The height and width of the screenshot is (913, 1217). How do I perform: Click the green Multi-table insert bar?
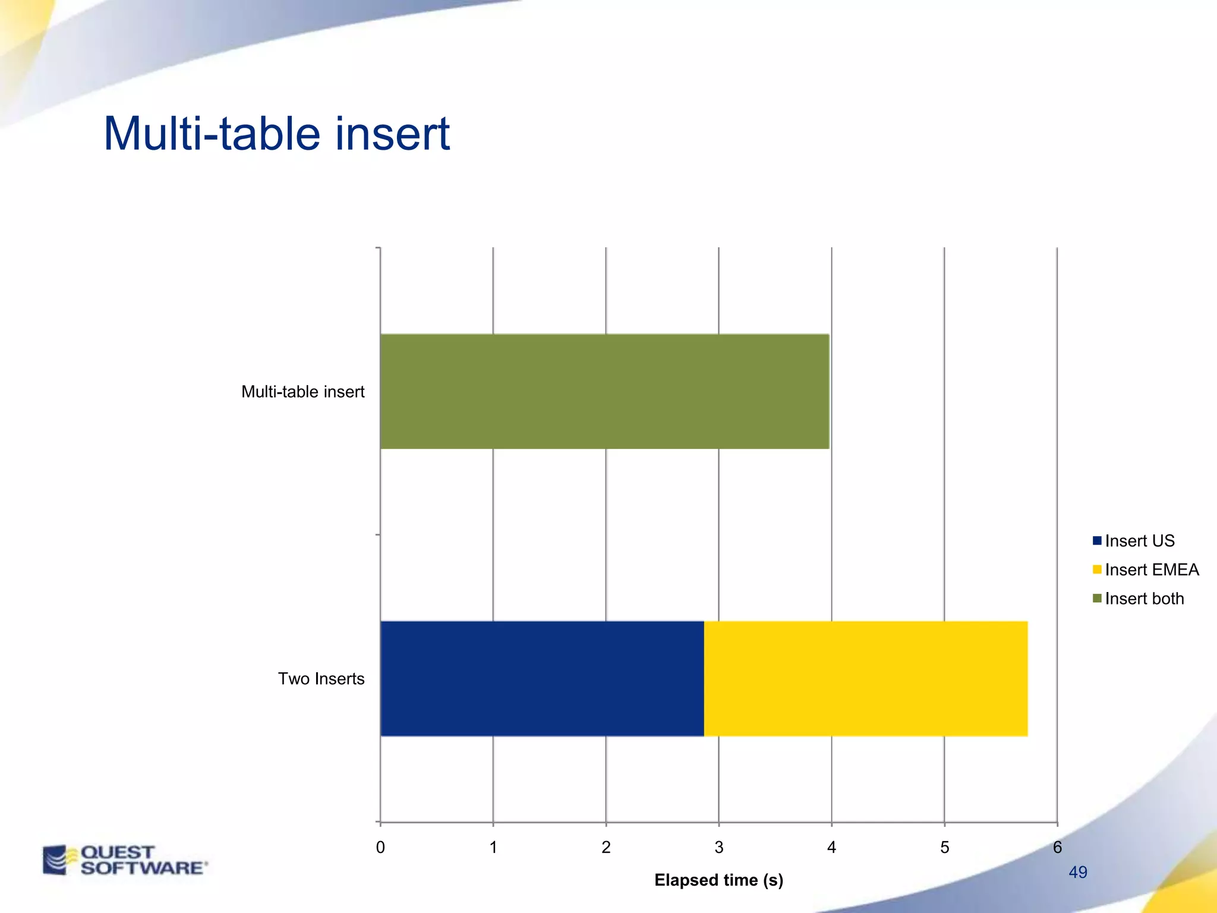(604, 391)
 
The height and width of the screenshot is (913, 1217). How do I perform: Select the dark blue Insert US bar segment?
(542, 678)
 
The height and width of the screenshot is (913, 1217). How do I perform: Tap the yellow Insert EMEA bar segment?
(866, 678)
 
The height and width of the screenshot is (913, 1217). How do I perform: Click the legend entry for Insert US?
(1139, 541)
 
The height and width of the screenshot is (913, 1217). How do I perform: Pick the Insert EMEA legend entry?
(1151, 569)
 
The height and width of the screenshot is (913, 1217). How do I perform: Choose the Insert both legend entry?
(1144, 599)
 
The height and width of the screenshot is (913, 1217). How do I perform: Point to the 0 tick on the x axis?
(380, 847)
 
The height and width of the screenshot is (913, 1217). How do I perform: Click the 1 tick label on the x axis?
(493, 847)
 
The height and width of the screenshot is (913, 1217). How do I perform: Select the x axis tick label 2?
(606, 847)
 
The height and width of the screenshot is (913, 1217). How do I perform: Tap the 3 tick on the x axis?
(719, 847)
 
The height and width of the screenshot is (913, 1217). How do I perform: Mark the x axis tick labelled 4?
(831, 847)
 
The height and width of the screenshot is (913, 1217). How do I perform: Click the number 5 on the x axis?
(944, 847)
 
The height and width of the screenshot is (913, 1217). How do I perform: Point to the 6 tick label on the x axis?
(1057, 847)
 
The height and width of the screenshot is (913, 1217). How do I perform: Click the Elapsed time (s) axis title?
(718, 880)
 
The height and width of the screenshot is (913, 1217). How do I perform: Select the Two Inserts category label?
(321, 679)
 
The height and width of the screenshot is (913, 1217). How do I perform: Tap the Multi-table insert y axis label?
(302, 392)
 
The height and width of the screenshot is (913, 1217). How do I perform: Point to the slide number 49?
(1078, 872)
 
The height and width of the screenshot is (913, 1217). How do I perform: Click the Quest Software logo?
(125, 860)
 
